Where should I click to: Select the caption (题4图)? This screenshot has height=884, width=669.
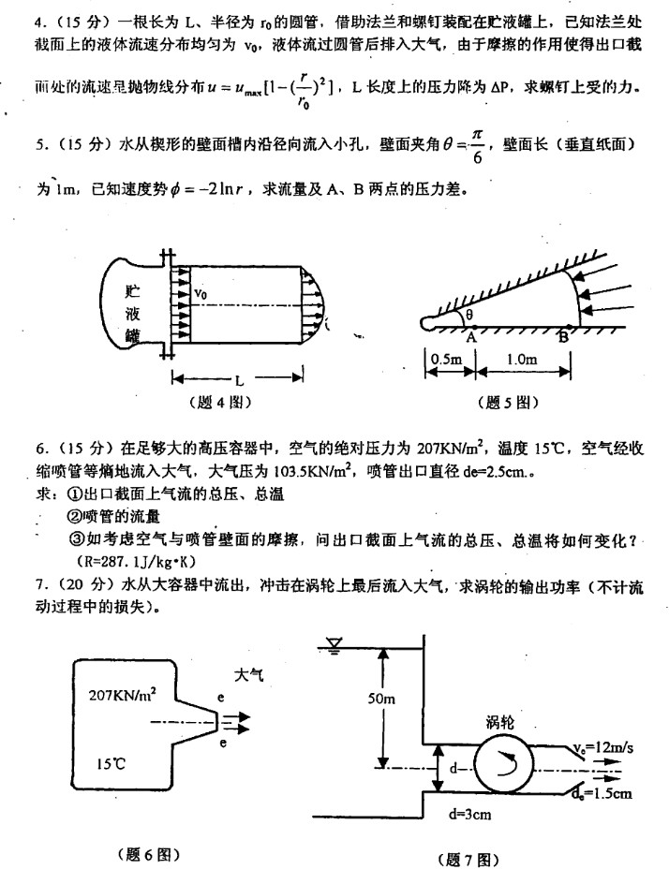click(x=219, y=404)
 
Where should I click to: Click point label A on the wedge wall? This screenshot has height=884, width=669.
click(x=471, y=338)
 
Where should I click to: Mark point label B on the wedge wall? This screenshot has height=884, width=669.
click(x=563, y=338)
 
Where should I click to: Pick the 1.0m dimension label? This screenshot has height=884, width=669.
click(x=520, y=359)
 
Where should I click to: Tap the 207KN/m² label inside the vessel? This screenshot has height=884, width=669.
click(x=123, y=695)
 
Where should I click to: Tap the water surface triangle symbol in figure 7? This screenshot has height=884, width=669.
click(x=334, y=642)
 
